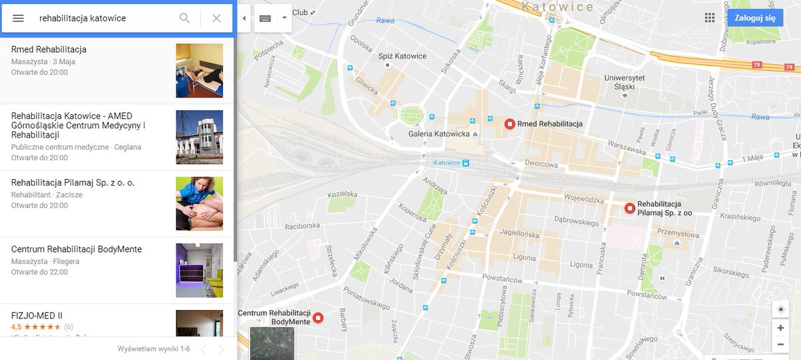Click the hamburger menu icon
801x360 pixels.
coord(18,18)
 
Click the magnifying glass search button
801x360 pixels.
coord(185,18)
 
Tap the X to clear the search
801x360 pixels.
coord(216,18)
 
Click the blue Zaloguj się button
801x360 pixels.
coord(754,18)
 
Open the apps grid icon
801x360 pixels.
coord(710,18)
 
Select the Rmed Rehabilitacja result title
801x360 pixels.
coord(49,49)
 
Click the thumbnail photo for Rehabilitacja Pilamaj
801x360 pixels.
coord(199,204)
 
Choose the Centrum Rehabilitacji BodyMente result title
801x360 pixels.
coord(76,249)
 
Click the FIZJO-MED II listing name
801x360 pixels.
coord(37,315)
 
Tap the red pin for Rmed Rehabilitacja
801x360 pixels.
coord(510,124)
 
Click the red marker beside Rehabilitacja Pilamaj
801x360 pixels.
coord(629,208)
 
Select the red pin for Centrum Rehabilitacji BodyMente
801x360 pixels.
coord(318,318)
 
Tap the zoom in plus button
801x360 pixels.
coord(780,328)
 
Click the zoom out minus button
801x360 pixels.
coord(780,345)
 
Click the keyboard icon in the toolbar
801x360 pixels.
coord(265,18)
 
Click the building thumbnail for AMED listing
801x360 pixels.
coord(199,137)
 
